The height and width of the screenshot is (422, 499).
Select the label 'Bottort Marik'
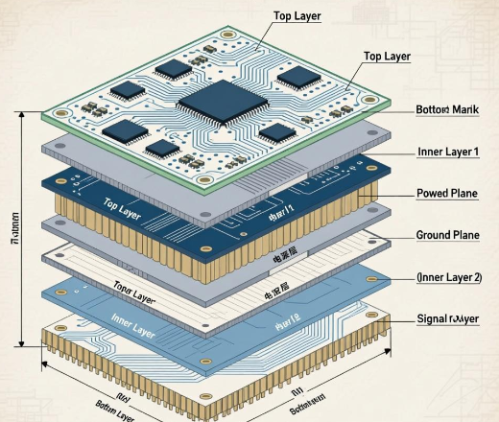click(446, 109)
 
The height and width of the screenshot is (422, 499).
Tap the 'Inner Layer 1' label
click(448, 152)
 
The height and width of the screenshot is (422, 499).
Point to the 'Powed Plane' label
click(447, 194)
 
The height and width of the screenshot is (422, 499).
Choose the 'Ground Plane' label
click(447, 235)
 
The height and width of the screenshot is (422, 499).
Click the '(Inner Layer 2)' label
click(448, 277)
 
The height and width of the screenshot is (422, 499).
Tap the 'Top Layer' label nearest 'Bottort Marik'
click(386, 57)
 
